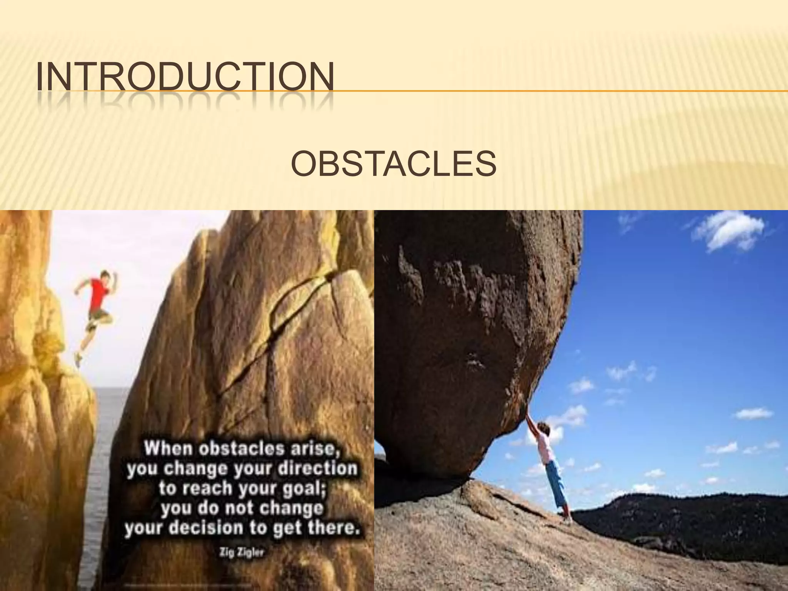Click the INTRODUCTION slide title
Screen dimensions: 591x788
[x=185, y=77]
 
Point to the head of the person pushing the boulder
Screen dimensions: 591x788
[x=546, y=427]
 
